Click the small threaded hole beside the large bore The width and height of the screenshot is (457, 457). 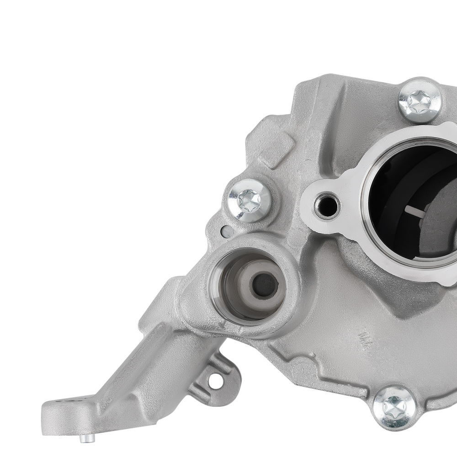pyautogui.click(x=327, y=206)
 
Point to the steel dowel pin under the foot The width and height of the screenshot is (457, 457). pyautogui.click(x=86, y=438)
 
